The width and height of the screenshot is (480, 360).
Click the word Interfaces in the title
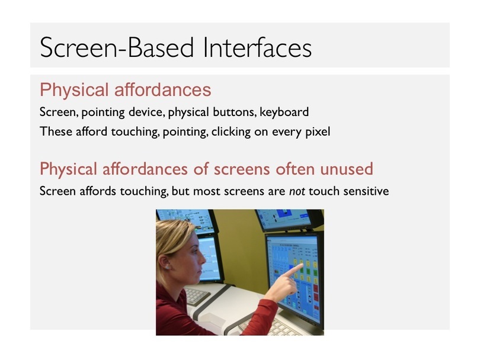[257, 47]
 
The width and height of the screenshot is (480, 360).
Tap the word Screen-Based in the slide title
[117, 47]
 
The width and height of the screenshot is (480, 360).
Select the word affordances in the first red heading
[162, 89]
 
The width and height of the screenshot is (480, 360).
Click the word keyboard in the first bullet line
[284, 112]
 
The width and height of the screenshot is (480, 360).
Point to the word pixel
[318, 132]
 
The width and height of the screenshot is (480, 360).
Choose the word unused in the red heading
[347, 169]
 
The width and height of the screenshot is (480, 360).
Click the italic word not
[297, 191]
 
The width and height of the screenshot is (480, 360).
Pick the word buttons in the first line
[234, 112]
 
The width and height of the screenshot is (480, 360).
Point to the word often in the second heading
[295, 169]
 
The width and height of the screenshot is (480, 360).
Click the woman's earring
[168, 268]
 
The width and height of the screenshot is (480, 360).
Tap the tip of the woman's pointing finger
[302, 265]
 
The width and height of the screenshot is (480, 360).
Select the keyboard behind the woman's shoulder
[196, 295]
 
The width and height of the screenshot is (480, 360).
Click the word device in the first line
[146, 112]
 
